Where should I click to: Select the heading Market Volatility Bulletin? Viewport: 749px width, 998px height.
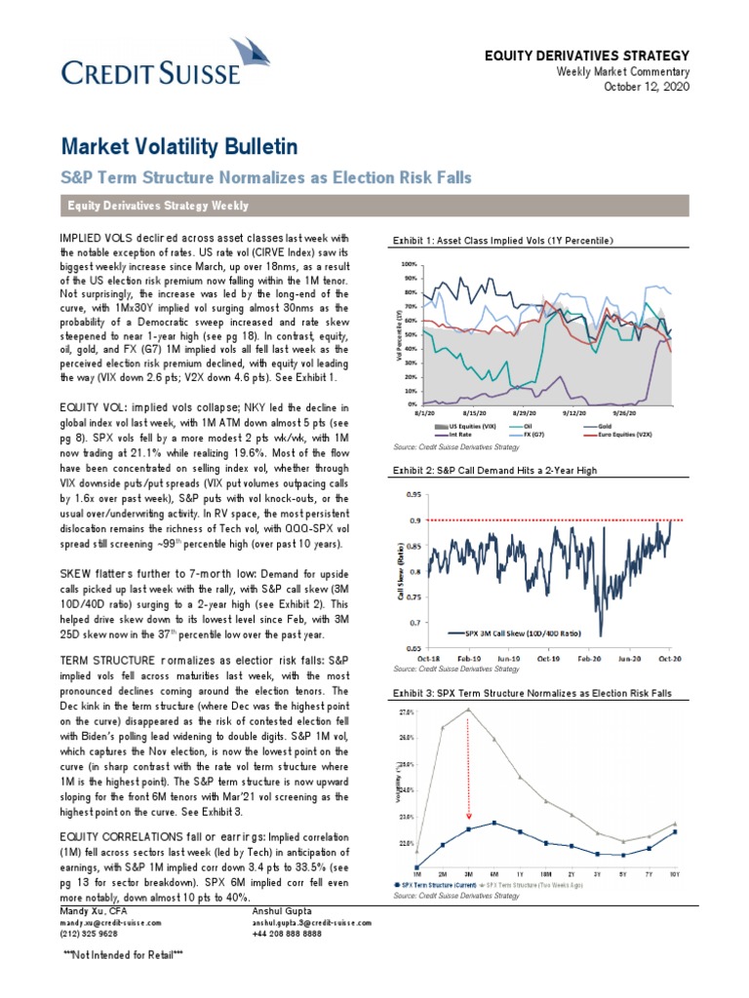click(178, 147)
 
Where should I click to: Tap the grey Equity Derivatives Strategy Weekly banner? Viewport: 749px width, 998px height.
click(374, 206)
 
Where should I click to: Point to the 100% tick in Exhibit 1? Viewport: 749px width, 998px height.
click(409, 264)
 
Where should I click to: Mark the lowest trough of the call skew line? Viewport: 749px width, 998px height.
click(600, 634)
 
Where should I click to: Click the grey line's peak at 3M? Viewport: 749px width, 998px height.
click(469, 710)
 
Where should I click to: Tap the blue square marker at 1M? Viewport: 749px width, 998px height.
click(417, 865)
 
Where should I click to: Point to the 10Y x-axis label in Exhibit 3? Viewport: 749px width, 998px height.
click(675, 875)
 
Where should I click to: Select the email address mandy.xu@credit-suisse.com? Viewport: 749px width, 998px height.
click(109, 921)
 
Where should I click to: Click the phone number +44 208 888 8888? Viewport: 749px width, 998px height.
click(290, 933)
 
